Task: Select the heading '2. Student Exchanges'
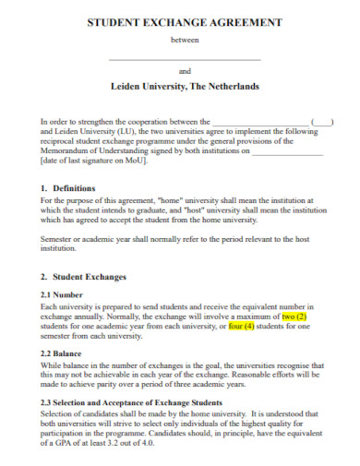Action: [x=88, y=277]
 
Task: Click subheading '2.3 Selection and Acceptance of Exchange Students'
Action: [x=132, y=402]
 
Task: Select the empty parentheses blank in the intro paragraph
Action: [x=323, y=121]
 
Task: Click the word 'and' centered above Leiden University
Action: [x=184, y=70]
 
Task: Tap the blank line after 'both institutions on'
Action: [x=289, y=150]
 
